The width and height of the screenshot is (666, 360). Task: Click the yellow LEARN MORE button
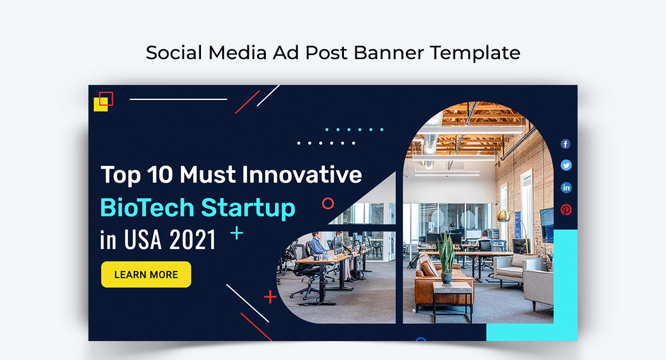(x=146, y=274)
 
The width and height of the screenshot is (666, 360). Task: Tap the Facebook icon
(x=566, y=144)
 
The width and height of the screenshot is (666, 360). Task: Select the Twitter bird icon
(x=566, y=165)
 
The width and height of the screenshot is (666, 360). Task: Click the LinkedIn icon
(x=566, y=187)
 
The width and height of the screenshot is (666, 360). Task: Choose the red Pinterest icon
(x=566, y=210)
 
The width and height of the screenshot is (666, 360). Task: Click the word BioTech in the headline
(x=147, y=207)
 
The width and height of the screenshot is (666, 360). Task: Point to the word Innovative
(x=301, y=175)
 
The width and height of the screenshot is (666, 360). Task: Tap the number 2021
(x=193, y=240)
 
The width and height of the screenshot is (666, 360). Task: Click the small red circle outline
(x=328, y=203)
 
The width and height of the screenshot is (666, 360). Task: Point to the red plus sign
(x=270, y=296)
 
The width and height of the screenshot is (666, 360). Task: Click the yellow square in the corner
(x=100, y=105)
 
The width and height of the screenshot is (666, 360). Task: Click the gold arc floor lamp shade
(x=504, y=216)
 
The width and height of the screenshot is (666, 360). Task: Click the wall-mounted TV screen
(x=547, y=224)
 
